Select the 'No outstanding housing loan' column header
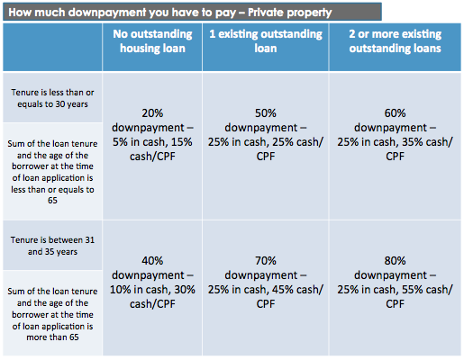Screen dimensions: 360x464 151,42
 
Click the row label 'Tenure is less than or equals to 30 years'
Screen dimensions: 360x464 53,99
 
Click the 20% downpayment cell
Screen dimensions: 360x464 151,134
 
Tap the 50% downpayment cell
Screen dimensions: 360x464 267,134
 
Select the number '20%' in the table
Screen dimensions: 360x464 151,113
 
